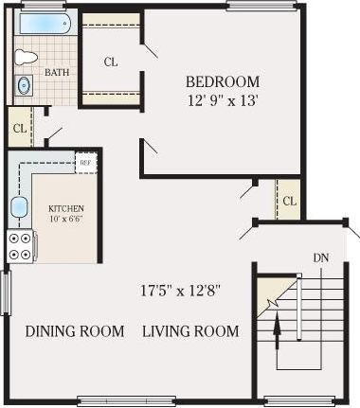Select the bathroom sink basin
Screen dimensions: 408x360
point(23,86)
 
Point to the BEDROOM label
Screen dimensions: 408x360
point(222,81)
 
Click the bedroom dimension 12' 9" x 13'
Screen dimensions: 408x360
point(222,98)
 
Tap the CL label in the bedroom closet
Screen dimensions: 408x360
point(111,62)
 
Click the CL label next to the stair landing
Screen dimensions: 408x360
point(289,201)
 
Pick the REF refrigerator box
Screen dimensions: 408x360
point(85,163)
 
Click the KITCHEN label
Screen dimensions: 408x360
point(66,208)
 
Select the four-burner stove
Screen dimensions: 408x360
point(20,246)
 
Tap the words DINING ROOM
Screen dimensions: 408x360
point(75,331)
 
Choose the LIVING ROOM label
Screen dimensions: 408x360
point(190,331)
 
